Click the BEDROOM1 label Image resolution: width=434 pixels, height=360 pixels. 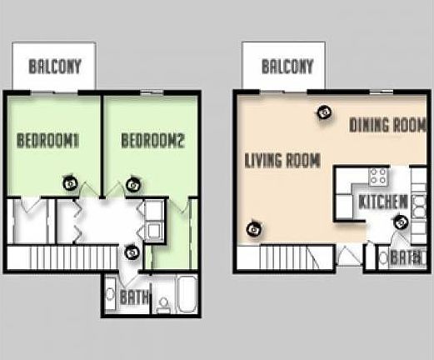point(48,141)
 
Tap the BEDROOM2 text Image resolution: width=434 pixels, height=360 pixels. point(152,141)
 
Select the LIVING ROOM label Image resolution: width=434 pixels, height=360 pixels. point(282,161)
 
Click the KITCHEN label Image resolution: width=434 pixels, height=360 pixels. point(382,202)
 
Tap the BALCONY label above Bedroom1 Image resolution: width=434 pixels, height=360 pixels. point(55,67)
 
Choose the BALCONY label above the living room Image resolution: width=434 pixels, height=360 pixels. point(287,67)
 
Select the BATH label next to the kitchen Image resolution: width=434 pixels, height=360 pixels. point(402,257)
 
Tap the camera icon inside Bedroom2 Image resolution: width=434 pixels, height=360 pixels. point(133,184)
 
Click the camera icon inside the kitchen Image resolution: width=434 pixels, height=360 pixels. point(400,222)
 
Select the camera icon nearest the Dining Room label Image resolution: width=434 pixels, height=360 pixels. point(322,110)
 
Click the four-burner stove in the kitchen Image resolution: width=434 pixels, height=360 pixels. point(378,177)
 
